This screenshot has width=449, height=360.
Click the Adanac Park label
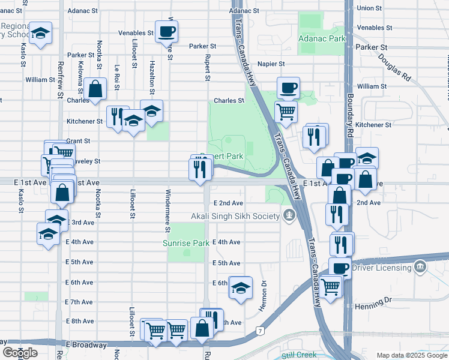[322, 38]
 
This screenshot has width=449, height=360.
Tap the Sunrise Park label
[186, 243]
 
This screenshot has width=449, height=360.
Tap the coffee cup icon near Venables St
[166, 31]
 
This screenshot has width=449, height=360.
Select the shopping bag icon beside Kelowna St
[95, 89]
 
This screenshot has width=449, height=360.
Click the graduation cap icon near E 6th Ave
[241, 288]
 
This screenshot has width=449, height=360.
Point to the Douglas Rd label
[394, 68]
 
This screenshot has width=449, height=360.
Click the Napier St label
[271, 64]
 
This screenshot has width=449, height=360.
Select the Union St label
[369, 8]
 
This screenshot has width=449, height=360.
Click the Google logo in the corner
[20, 353]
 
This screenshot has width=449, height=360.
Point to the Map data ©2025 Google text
[412, 355]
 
